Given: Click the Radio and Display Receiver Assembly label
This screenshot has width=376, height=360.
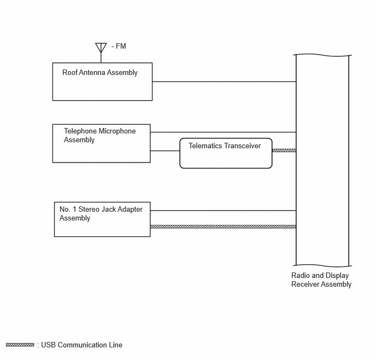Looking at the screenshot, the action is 321,280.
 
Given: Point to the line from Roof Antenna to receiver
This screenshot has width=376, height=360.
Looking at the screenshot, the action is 224,82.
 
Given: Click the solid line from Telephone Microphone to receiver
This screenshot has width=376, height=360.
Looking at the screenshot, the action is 223,132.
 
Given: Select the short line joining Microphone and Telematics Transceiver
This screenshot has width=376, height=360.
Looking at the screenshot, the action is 165,150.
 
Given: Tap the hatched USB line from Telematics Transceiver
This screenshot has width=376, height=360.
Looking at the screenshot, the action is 284,150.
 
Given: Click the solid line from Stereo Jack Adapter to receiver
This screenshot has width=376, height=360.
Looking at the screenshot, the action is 223,211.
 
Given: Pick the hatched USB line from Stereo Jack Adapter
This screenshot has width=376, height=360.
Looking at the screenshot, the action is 223,227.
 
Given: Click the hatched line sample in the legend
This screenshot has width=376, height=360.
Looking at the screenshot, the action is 20,345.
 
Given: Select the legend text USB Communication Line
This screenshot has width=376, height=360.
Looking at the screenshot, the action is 82,345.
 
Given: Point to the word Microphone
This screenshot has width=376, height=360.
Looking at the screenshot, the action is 117,131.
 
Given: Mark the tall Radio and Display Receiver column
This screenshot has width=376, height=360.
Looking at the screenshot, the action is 322,160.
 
